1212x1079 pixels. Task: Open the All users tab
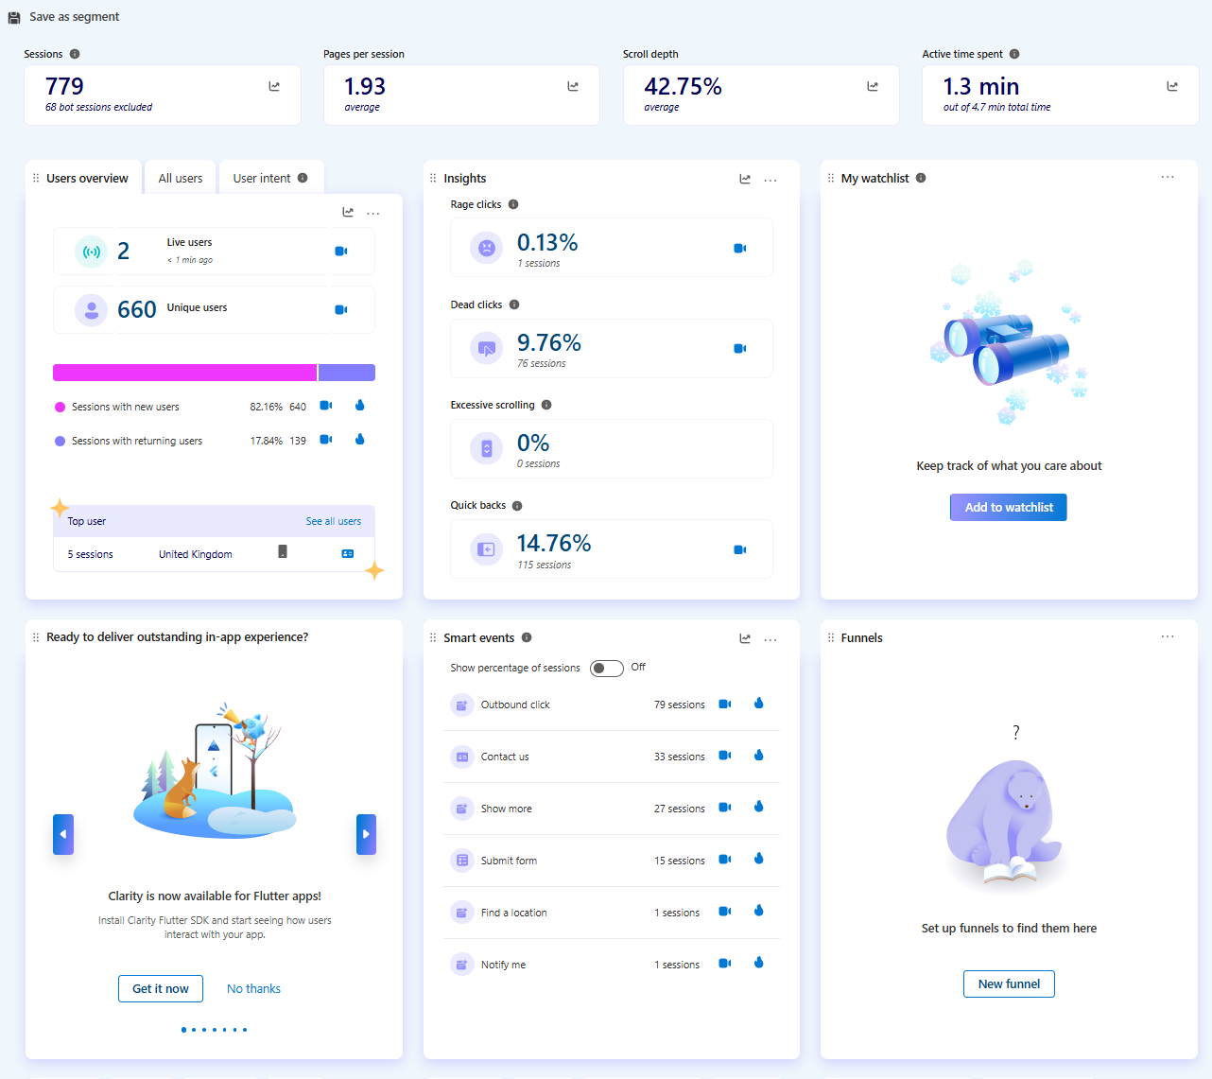(x=180, y=178)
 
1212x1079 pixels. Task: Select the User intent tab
(x=262, y=178)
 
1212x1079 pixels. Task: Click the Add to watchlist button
(x=1008, y=507)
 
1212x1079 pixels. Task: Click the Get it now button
(x=161, y=988)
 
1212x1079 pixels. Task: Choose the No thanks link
(x=253, y=988)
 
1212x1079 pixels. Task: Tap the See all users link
(x=333, y=521)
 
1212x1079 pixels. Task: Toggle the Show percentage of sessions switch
(x=606, y=668)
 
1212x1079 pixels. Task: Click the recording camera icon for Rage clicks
(x=740, y=248)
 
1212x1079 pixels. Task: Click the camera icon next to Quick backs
(x=740, y=549)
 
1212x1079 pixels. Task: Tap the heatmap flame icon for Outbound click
(x=758, y=704)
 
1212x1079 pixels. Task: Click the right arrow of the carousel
(x=366, y=834)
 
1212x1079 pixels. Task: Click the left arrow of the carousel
(x=63, y=834)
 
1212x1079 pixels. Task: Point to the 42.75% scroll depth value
(x=683, y=87)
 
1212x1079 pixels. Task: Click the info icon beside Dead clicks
(x=514, y=305)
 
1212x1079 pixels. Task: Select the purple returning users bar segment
(x=347, y=373)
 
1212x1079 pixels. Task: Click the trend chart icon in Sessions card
(x=274, y=86)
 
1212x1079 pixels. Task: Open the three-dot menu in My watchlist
(x=1168, y=178)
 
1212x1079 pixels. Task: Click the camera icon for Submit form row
(x=725, y=860)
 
